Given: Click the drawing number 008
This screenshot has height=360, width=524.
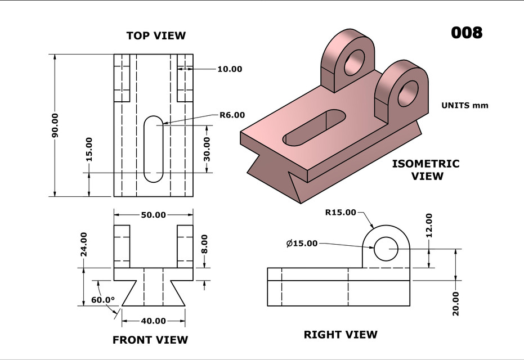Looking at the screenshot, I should tap(467, 33).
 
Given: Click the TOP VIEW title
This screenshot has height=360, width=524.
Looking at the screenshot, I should tap(156, 35).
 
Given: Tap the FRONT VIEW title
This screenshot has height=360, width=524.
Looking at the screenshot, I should tap(150, 340).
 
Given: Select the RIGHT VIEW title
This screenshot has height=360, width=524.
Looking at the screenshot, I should tap(341, 335).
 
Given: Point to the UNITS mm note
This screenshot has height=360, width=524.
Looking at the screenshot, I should tap(464, 105).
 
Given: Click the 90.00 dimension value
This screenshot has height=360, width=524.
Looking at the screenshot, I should tap(55, 125).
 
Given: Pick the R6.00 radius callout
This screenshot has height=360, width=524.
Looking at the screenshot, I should tap(232, 115).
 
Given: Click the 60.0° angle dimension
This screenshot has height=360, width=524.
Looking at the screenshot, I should tap(103, 300).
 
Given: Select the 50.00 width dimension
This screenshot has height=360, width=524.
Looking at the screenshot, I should tap(153, 215).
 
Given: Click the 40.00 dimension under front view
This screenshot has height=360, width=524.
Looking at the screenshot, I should tap(153, 321).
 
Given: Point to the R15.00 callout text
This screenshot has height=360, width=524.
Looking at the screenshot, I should tap(341, 212).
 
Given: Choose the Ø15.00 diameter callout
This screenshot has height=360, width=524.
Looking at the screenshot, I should tap(302, 243).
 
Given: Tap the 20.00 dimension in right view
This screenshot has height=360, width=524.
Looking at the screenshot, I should tap(455, 303).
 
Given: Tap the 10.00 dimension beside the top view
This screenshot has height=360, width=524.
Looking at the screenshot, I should tap(230, 69).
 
